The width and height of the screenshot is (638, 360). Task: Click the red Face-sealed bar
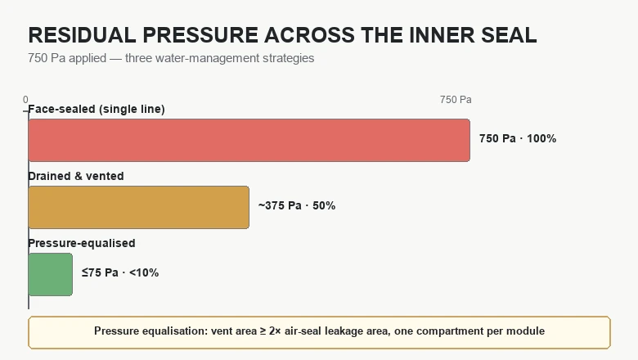pyautogui.click(x=249, y=141)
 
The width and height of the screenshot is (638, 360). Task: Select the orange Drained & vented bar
pyautogui.click(x=139, y=208)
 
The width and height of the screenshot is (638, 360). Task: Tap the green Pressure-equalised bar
pyautogui.click(x=51, y=275)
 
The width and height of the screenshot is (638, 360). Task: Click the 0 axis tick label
pyautogui.click(x=25, y=100)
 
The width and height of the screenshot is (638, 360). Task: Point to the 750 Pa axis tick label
pyautogui.click(x=456, y=100)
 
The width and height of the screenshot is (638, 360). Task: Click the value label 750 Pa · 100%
pyautogui.click(x=518, y=139)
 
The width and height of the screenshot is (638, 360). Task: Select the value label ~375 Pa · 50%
pyautogui.click(x=297, y=206)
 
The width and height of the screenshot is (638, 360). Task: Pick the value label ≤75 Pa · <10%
pyautogui.click(x=120, y=272)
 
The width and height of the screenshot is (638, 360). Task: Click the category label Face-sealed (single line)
pyautogui.click(x=97, y=109)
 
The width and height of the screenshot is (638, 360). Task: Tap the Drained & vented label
pyautogui.click(x=76, y=176)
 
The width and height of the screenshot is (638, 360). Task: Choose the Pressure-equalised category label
pyautogui.click(x=82, y=243)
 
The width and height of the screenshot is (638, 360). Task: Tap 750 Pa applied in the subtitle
pyautogui.click(x=67, y=58)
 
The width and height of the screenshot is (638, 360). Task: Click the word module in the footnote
pyautogui.click(x=525, y=331)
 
